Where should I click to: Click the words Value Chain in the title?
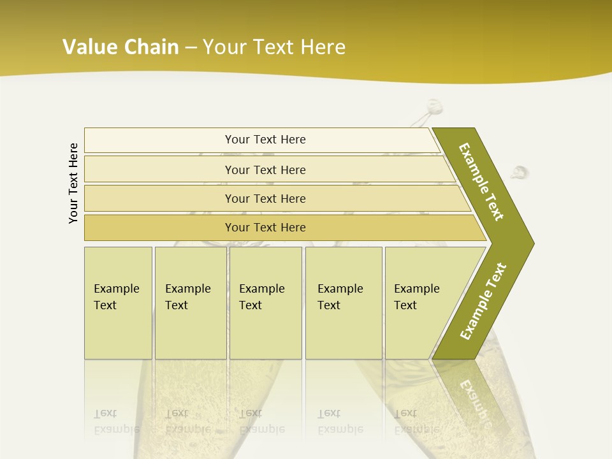(x=120, y=47)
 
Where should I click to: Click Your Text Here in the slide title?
(x=274, y=47)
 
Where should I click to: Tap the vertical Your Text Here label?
(x=73, y=183)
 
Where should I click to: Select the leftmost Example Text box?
(x=118, y=303)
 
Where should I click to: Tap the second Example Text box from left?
(x=190, y=303)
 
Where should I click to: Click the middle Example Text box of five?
(x=265, y=303)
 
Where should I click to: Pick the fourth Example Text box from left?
(x=344, y=303)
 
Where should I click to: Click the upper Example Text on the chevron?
(x=481, y=182)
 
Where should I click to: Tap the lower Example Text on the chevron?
(x=483, y=302)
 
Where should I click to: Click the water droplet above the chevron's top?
(x=435, y=106)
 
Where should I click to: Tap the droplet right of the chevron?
(x=520, y=172)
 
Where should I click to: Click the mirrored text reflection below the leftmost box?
(x=117, y=421)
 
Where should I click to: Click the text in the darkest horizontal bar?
(x=265, y=228)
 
